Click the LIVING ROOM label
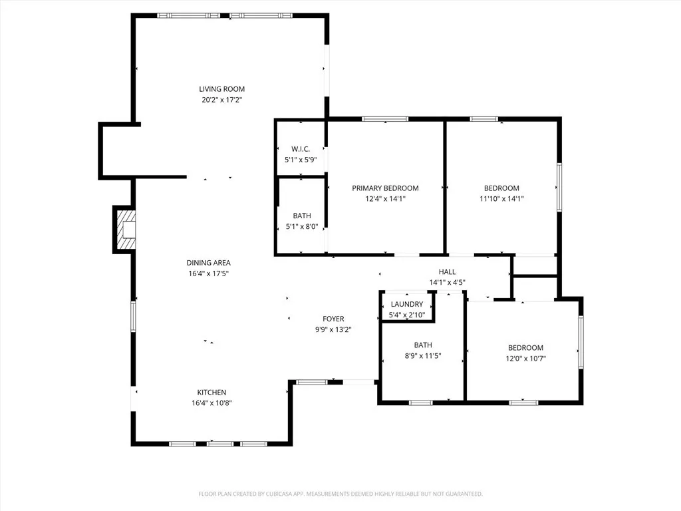(222, 89)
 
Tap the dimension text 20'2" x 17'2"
(222, 100)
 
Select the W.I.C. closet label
(301, 148)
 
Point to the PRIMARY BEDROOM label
(385, 188)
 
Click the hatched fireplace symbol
(125, 230)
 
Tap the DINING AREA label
(208, 263)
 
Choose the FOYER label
(333, 319)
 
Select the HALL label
(447, 271)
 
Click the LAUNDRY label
(407, 304)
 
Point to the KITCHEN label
(211, 392)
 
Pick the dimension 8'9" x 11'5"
(423, 356)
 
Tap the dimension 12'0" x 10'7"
(525, 359)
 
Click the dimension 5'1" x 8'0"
(301, 227)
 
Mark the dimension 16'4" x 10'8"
(211, 403)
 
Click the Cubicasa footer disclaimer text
(340, 494)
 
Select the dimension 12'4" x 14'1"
(385, 198)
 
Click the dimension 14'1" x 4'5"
(447, 282)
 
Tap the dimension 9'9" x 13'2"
(333, 329)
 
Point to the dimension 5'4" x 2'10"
(407, 314)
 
